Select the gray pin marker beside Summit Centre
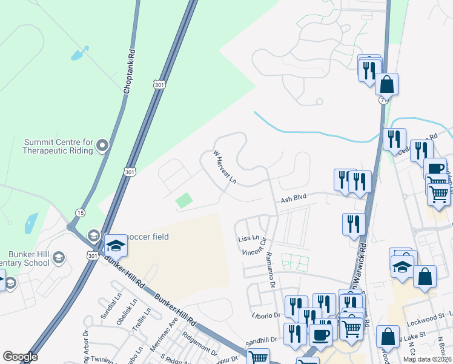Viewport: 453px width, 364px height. pyautogui.click(x=102, y=145)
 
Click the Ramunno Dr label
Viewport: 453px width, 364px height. pyautogui.click(x=270, y=271)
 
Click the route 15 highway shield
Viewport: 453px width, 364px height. pyautogui.click(x=81, y=212)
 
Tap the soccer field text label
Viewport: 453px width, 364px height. pyautogui.click(x=147, y=236)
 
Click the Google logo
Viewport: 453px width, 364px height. pyautogui.click(x=20, y=357)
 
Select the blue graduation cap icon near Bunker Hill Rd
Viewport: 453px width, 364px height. pyautogui.click(x=116, y=245)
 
